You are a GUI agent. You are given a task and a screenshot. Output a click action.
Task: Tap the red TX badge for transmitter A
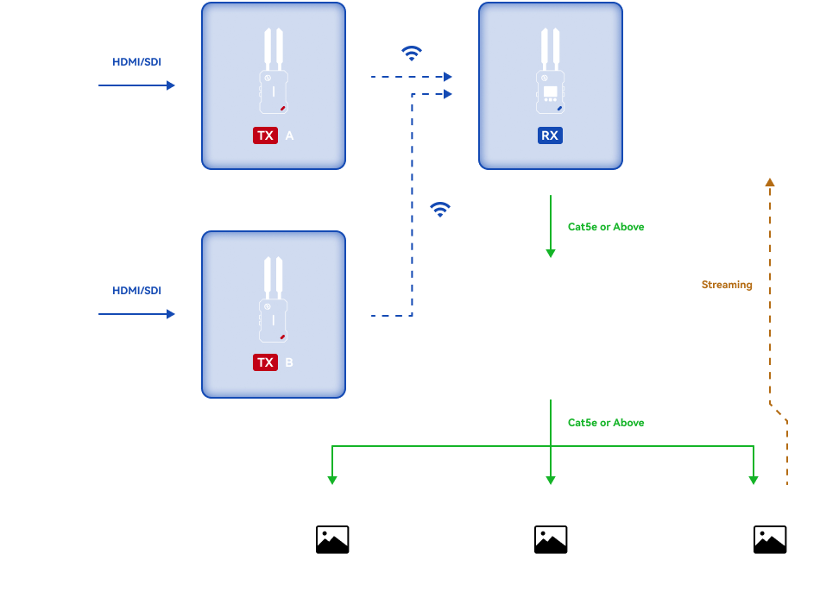click(x=265, y=135)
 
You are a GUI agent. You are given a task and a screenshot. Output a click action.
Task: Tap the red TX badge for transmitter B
click(x=265, y=362)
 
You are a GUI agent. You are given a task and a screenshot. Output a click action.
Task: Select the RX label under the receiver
click(x=550, y=135)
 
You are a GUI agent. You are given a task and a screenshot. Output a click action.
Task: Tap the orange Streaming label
click(x=727, y=285)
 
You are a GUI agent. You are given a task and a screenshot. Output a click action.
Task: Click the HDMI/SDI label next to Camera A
click(x=136, y=62)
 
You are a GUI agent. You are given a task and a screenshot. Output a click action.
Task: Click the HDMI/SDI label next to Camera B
click(x=136, y=291)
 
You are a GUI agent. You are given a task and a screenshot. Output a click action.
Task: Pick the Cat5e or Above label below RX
click(x=606, y=227)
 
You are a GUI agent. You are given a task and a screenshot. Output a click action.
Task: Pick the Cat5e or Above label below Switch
click(x=606, y=423)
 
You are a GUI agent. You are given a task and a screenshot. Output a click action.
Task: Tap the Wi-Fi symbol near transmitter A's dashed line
click(x=412, y=53)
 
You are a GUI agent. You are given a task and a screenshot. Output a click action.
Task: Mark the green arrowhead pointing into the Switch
click(x=550, y=254)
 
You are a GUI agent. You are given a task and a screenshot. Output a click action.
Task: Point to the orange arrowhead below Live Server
click(x=770, y=182)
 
